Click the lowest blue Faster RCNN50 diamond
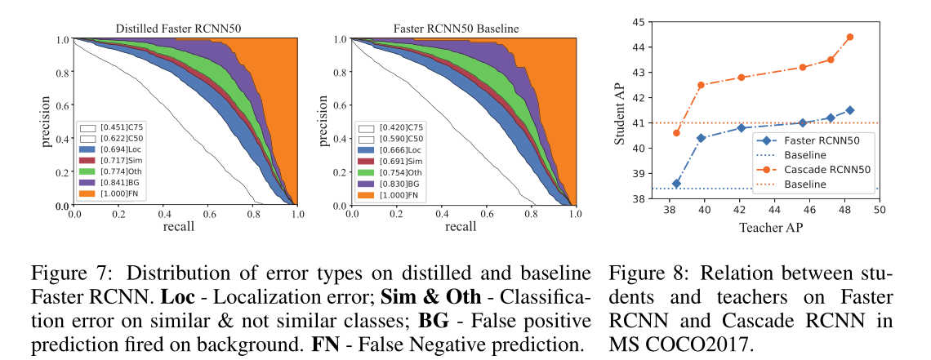pyautogui.click(x=676, y=184)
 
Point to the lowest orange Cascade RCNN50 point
pyautogui.click(x=676, y=133)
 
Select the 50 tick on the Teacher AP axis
pyautogui.click(x=879, y=210)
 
